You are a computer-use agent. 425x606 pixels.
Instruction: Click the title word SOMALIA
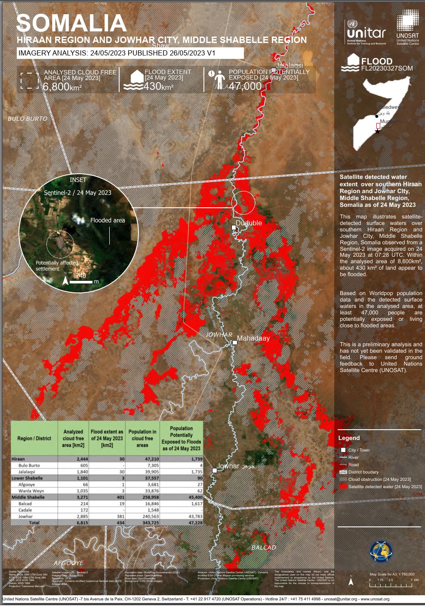click(x=71, y=23)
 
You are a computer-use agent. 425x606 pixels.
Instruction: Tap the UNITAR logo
click(x=366, y=31)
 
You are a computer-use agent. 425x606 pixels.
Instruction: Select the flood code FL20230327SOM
click(x=387, y=68)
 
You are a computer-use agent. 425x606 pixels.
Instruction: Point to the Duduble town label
click(x=249, y=223)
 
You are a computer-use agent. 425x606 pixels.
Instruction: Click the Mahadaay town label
click(x=253, y=338)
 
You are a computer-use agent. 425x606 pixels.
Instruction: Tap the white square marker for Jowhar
click(x=215, y=470)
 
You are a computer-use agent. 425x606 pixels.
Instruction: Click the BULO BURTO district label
click(x=28, y=119)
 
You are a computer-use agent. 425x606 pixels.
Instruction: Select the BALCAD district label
click(x=264, y=548)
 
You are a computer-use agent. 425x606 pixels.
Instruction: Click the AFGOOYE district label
click(x=68, y=563)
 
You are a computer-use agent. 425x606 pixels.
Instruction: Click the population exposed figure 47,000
click(x=245, y=86)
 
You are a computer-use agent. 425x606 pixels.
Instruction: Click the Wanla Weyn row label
click(x=31, y=491)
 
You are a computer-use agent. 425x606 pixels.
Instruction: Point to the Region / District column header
click(x=34, y=438)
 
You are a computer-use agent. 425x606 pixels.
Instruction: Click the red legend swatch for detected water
click(x=343, y=486)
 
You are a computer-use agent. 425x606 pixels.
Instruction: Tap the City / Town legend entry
click(x=359, y=450)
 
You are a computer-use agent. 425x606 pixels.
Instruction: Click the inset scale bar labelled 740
click(x=81, y=282)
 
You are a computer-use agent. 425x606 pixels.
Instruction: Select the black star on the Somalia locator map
click(x=378, y=131)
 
